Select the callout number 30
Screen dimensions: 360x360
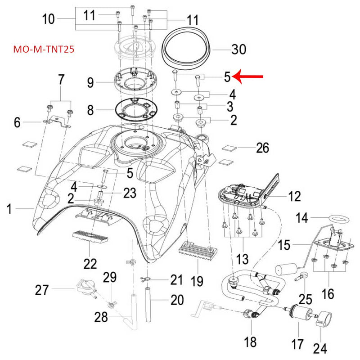click(238, 49)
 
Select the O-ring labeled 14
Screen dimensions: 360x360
click(337, 218)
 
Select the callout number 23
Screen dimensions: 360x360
click(130, 193)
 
